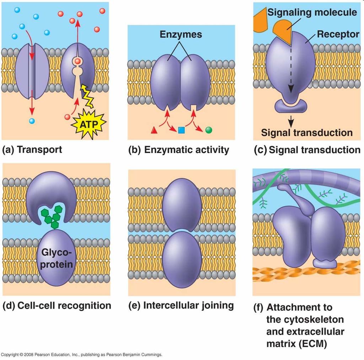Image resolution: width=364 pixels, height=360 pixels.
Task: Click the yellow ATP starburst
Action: (x=89, y=124)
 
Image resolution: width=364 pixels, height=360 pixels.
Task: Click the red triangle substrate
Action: (x=154, y=130)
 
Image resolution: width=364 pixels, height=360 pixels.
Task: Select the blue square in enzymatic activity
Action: (x=181, y=130)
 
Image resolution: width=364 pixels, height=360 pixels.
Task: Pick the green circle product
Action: (x=209, y=130)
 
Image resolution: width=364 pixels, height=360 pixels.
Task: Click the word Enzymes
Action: (x=181, y=34)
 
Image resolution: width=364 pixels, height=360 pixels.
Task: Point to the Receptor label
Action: (x=338, y=34)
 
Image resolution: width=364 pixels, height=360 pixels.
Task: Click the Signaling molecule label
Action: (x=312, y=12)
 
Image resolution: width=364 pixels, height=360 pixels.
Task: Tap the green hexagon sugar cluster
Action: (x=52, y=217)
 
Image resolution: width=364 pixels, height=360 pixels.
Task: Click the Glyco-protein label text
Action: (x=57, y=258)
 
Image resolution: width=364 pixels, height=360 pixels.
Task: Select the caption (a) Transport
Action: (x=32, y=149)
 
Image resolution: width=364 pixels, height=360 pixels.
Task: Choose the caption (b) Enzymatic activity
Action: (x=179, y=150)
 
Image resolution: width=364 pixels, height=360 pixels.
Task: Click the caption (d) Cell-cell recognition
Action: (x=57, y=306)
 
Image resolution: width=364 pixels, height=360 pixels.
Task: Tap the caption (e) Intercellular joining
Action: (x=181, y=305)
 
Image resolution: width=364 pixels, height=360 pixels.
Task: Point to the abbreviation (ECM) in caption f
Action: (x=312, y=343)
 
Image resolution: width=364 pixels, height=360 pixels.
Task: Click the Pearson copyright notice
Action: (x=81, y=355)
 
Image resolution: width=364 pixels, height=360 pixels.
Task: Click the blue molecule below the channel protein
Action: (x=32, y=121)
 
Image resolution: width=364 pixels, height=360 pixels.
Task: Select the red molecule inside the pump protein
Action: (x=78, y=61)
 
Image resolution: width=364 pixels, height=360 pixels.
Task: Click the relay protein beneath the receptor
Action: (x=291, y=106)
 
